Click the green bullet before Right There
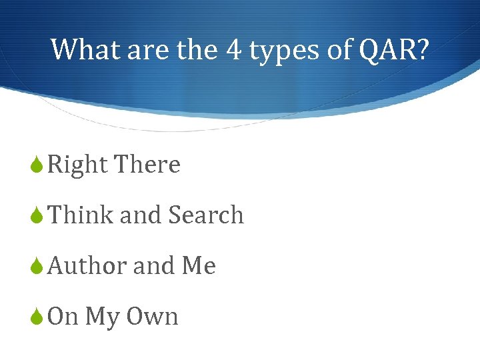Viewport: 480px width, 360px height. pyautogui.click(x=37, y=165)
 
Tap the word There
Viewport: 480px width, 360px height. pyautogui.click(x=147, y=164)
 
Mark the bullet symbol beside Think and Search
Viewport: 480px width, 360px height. pyautogui.click(x=37, y=215)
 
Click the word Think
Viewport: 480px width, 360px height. pyautogui.click(x=81, y=215)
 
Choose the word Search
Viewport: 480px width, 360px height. pyautogui.click(x=206, y=215)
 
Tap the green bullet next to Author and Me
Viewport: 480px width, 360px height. pyautogui.click(x=37, y=266)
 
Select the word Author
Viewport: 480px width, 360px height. pyautogui.click(x=87, y=265)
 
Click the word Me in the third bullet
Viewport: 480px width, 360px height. pyautogui.click(x=199, y=265)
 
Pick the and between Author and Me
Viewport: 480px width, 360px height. pyautogui.click(x=154, y=265)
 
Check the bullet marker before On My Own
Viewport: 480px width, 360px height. pyautogui.click(x=37, y=317)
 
